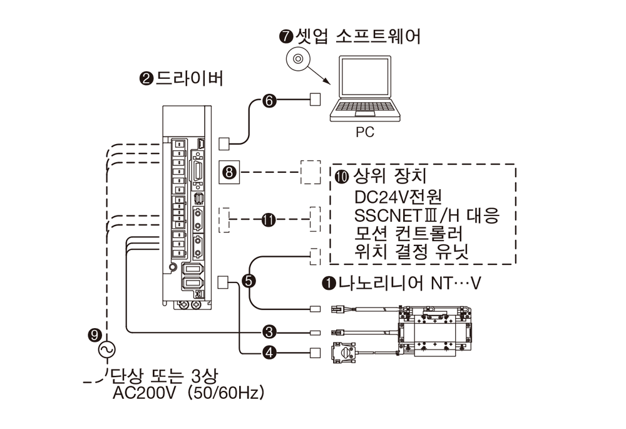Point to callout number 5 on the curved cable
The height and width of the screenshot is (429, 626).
point(250,281)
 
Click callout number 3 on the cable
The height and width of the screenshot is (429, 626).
point(270,331)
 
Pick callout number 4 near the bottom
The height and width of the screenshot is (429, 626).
point(270,353)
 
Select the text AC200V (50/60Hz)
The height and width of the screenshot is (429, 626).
point(188,394)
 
